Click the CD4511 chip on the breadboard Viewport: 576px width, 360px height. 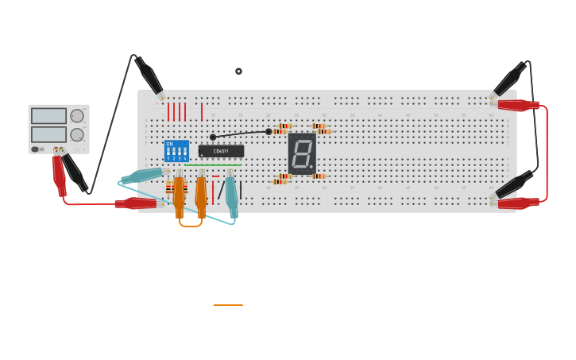[x=221, y=151]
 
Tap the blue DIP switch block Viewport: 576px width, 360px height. [x=176, y=151]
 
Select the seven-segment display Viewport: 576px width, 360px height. [x=302, y=153]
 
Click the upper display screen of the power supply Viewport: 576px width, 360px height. [x=48, y=116]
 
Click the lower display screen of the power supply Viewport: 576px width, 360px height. [x=48, y=134]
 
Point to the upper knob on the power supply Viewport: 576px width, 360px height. [x=77, y=116]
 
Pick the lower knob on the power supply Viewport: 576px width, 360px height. [x=77, y=134]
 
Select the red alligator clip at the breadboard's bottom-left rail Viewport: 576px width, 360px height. [x=135, y=203]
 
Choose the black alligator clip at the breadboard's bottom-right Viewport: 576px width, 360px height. [x=512, y=186]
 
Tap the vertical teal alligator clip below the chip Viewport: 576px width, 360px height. [x=231, y=195]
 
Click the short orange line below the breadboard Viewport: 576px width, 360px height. [x=228, y=305]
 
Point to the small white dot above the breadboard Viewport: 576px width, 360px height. [x=238, y=72]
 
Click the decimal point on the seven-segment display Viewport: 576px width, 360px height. [x=311, y=167]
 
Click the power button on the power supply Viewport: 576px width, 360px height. [x=36, y=149]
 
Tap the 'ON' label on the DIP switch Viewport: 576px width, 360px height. [x=169, y=144]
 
